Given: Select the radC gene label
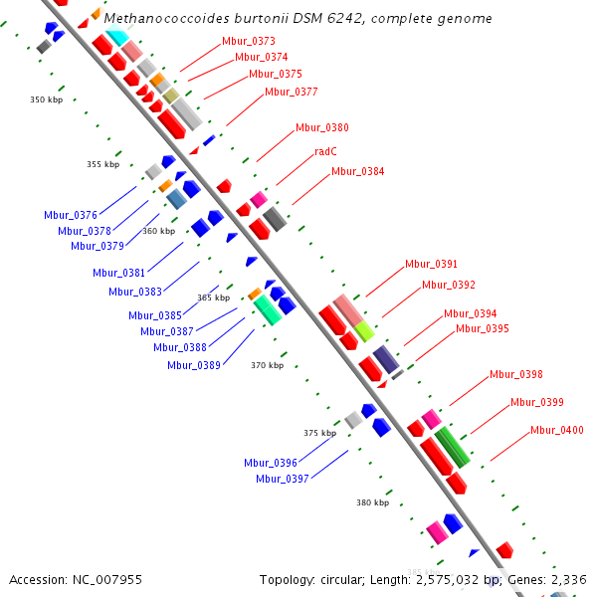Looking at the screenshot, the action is tap(325, 152).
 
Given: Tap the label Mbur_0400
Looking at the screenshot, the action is tap(556, 430).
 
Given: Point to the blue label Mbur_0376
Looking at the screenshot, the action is tap(70, 215).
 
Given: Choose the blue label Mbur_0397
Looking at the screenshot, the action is tap(282, 479).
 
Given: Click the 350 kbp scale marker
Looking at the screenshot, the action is tap(46, 99).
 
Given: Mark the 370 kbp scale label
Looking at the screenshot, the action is tap(267, 365).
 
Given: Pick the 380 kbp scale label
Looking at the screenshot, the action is tap(372, 502).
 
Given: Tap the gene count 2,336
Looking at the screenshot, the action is tap(568, 579).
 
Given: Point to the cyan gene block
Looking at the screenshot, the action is tap(118, 38).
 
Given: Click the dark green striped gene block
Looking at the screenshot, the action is tap(453, 447).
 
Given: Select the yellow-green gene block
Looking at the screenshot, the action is tap(364, 330).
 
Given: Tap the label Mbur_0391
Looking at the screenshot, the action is tap(431, 264).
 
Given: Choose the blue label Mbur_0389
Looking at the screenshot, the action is tap(193, 365).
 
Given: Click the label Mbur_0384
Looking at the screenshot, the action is tap(357, 171).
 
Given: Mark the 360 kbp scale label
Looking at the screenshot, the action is tap(158, 231).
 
